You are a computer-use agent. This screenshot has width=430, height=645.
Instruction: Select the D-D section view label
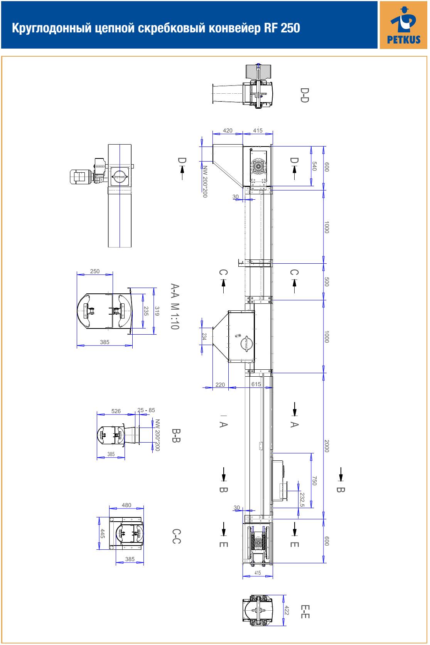[x=305, y=95]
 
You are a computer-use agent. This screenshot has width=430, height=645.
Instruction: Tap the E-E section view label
[x=305, y=611]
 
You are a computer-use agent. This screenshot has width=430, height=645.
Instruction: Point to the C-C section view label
[x=176, y=536]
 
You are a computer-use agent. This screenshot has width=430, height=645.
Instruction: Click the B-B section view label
[x=176, y=436]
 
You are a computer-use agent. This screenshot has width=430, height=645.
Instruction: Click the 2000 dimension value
[x=327, y=446]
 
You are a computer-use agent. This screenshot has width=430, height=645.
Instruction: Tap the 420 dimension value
[x=228, y=131]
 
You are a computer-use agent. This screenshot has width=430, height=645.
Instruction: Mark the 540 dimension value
[x=314, y=166]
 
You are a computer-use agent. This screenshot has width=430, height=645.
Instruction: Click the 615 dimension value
[x=256, y=384]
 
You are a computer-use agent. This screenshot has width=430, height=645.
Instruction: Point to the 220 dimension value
[x=220, y=385]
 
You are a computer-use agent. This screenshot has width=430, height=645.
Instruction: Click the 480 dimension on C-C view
[x=126, y=505]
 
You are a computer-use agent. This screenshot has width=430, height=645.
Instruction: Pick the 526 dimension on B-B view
[x=116, y=411]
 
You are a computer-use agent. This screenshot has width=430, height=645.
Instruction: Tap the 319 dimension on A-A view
[x=157, y=311]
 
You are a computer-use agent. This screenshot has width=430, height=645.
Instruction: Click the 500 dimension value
[x=327, y=282]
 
